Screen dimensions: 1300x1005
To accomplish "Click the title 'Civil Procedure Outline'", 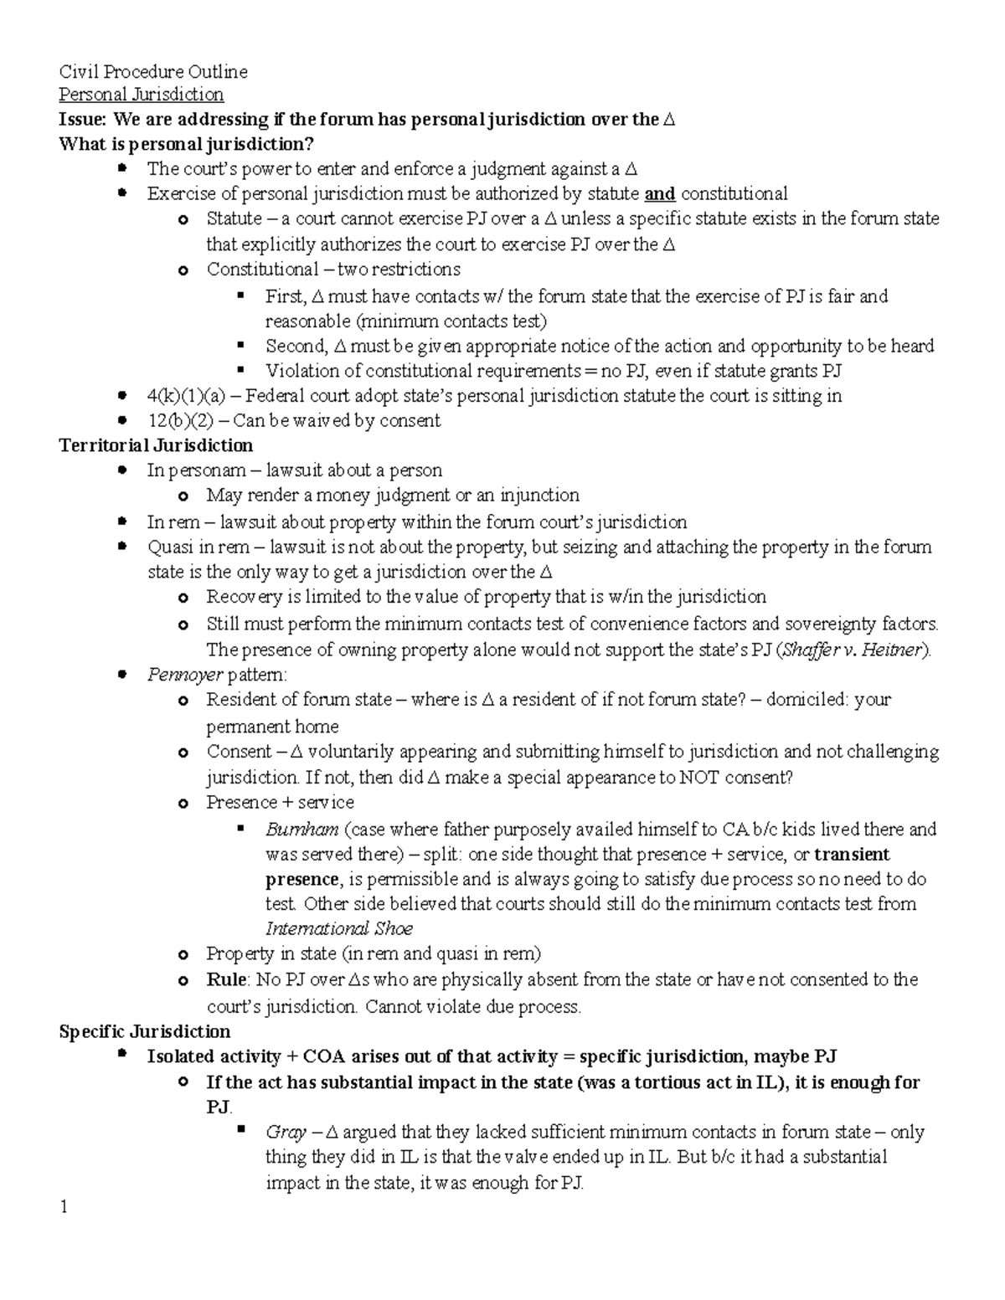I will point(152,72).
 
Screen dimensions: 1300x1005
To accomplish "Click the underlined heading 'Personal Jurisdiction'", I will point(141,95).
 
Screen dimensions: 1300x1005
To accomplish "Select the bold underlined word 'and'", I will point(660,194).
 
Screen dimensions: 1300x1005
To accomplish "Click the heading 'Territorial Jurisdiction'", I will point(156,445).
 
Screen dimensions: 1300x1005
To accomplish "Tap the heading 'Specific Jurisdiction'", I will point(144,1031).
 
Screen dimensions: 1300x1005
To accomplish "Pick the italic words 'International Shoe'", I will point(338,928).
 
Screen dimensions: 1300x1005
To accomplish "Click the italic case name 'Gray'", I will point(285,1133).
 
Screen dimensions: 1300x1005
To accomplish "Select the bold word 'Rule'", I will point(226,979).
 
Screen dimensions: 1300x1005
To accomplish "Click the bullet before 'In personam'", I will point(122,470).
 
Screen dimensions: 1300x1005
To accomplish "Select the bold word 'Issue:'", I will point(83,120).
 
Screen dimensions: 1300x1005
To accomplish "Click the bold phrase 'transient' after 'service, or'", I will point(852,855).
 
